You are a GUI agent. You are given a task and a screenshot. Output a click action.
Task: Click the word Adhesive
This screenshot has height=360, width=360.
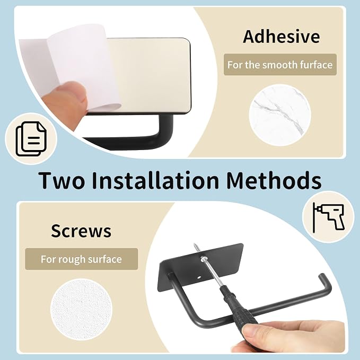(281, 37)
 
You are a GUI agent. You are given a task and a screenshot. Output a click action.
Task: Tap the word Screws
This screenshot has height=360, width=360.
(81, 231)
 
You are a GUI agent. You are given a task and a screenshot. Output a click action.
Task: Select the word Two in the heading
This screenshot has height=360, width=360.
(62, 180)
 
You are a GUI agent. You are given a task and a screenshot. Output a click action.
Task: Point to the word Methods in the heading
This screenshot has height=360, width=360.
(274, 180)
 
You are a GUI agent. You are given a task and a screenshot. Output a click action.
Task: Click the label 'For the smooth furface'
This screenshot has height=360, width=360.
(280, 65)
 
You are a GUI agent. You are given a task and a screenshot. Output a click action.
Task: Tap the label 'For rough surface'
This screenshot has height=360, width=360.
(81, 259)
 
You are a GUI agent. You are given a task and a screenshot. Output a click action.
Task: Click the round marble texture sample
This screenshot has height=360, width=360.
(280, 115)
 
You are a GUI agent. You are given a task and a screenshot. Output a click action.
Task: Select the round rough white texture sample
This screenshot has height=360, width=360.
(81, 309)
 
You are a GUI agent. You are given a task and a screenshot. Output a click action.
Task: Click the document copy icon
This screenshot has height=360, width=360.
(31, 139)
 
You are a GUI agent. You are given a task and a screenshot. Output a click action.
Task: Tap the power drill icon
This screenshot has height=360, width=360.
(329, 217)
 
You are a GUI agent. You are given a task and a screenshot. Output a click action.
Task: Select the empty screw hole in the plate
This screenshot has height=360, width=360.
(199, 277)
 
